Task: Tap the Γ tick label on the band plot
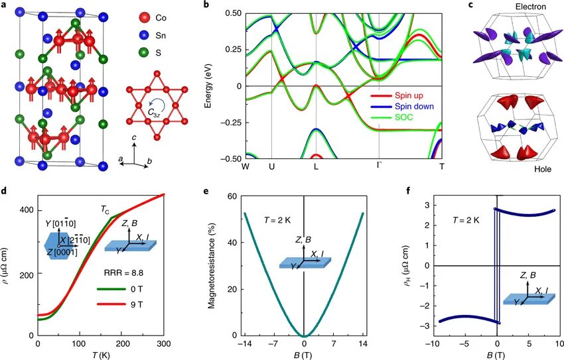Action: [x=379, y=165]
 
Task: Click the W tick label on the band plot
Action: [x=246, y=165]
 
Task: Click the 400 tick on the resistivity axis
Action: [x=26, y=210]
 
